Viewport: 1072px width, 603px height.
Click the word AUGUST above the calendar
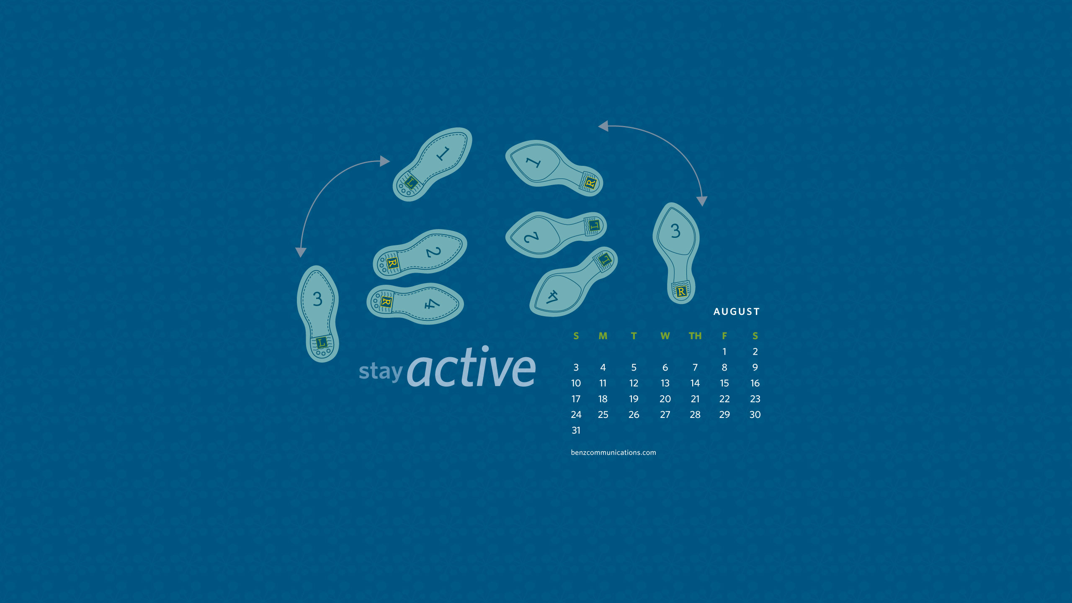pyautogui.click(x=736, y=312)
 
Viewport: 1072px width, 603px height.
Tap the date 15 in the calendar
pyautogui.click(x=724, y=383)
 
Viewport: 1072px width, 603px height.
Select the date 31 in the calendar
pyautogui.click(x=576, y=430)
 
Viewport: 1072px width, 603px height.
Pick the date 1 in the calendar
pyautogui.click(x=724, y=352)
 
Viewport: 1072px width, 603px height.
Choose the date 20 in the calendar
pyautogui.click(x=665, y=399)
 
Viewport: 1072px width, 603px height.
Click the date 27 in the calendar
pyautogui.click(x=665, y=415)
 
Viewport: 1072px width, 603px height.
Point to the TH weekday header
pyautogui.click(x=695, y=336)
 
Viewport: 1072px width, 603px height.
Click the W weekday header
pyautogui.click(x=665, y=336)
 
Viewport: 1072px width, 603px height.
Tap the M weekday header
pyautogui.click(x=603, y=336)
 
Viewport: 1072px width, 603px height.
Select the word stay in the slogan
pyautogui.click(x=381, y=371)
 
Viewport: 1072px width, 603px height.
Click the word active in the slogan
pyautogui.click(x=472, y=367)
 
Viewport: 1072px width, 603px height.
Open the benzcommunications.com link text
pyautogui.click(x=613, y=453)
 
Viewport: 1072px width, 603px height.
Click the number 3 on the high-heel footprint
pyautogui.click(x=675, y=231)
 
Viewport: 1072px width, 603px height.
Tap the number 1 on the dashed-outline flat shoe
pyautogui.click(x=443, y=154)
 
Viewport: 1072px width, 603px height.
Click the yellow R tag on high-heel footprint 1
pyautogui.click(x=590, y=183)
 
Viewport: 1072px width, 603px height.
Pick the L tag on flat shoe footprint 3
pyautogui.click(x=321, y=343)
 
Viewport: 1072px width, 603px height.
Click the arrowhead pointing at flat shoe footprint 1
pyautogui.click(x=385, y=161)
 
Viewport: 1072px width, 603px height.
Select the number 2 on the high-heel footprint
pyautogui.click(x=531, y=237)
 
